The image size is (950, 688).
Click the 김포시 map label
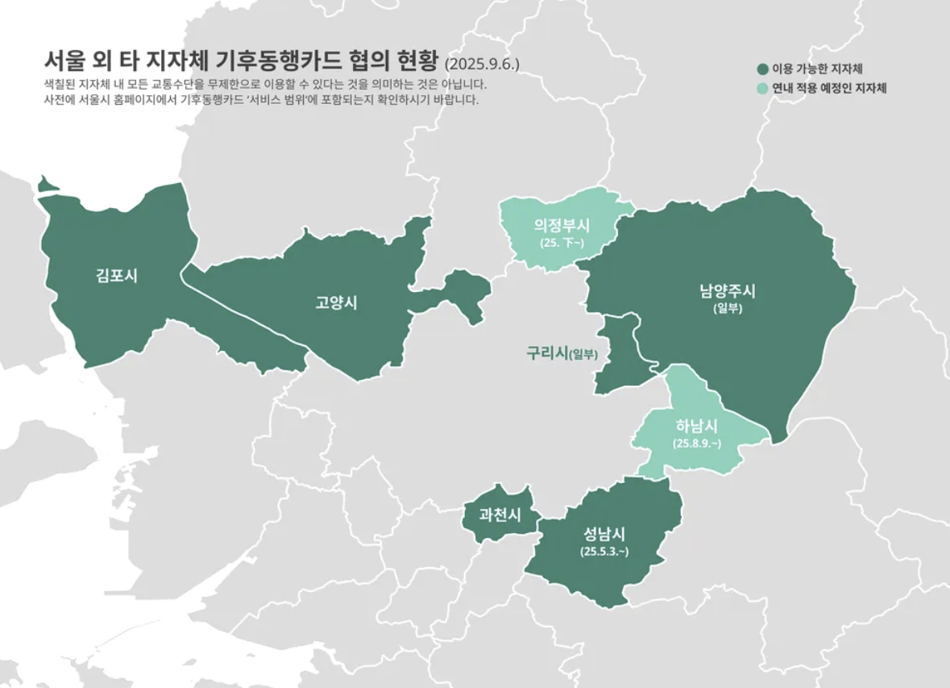116,275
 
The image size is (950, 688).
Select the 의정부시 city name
562,226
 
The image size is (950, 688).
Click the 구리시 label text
547,352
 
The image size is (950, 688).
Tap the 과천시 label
500,514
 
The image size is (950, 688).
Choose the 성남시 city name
604,533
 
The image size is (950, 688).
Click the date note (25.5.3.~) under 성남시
604,552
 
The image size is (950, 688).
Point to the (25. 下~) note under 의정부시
562,242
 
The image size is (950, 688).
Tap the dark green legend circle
762,69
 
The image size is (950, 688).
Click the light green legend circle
762,88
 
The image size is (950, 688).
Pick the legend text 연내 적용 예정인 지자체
829,88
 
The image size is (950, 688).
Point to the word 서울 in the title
63,61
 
